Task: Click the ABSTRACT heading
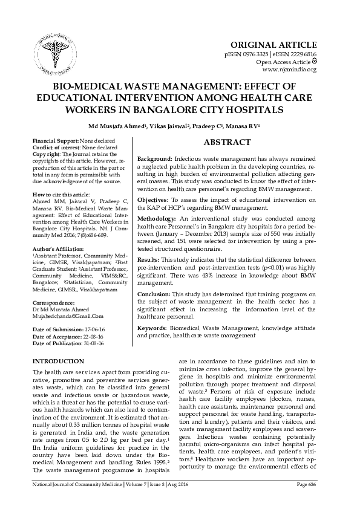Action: [226, 143]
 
